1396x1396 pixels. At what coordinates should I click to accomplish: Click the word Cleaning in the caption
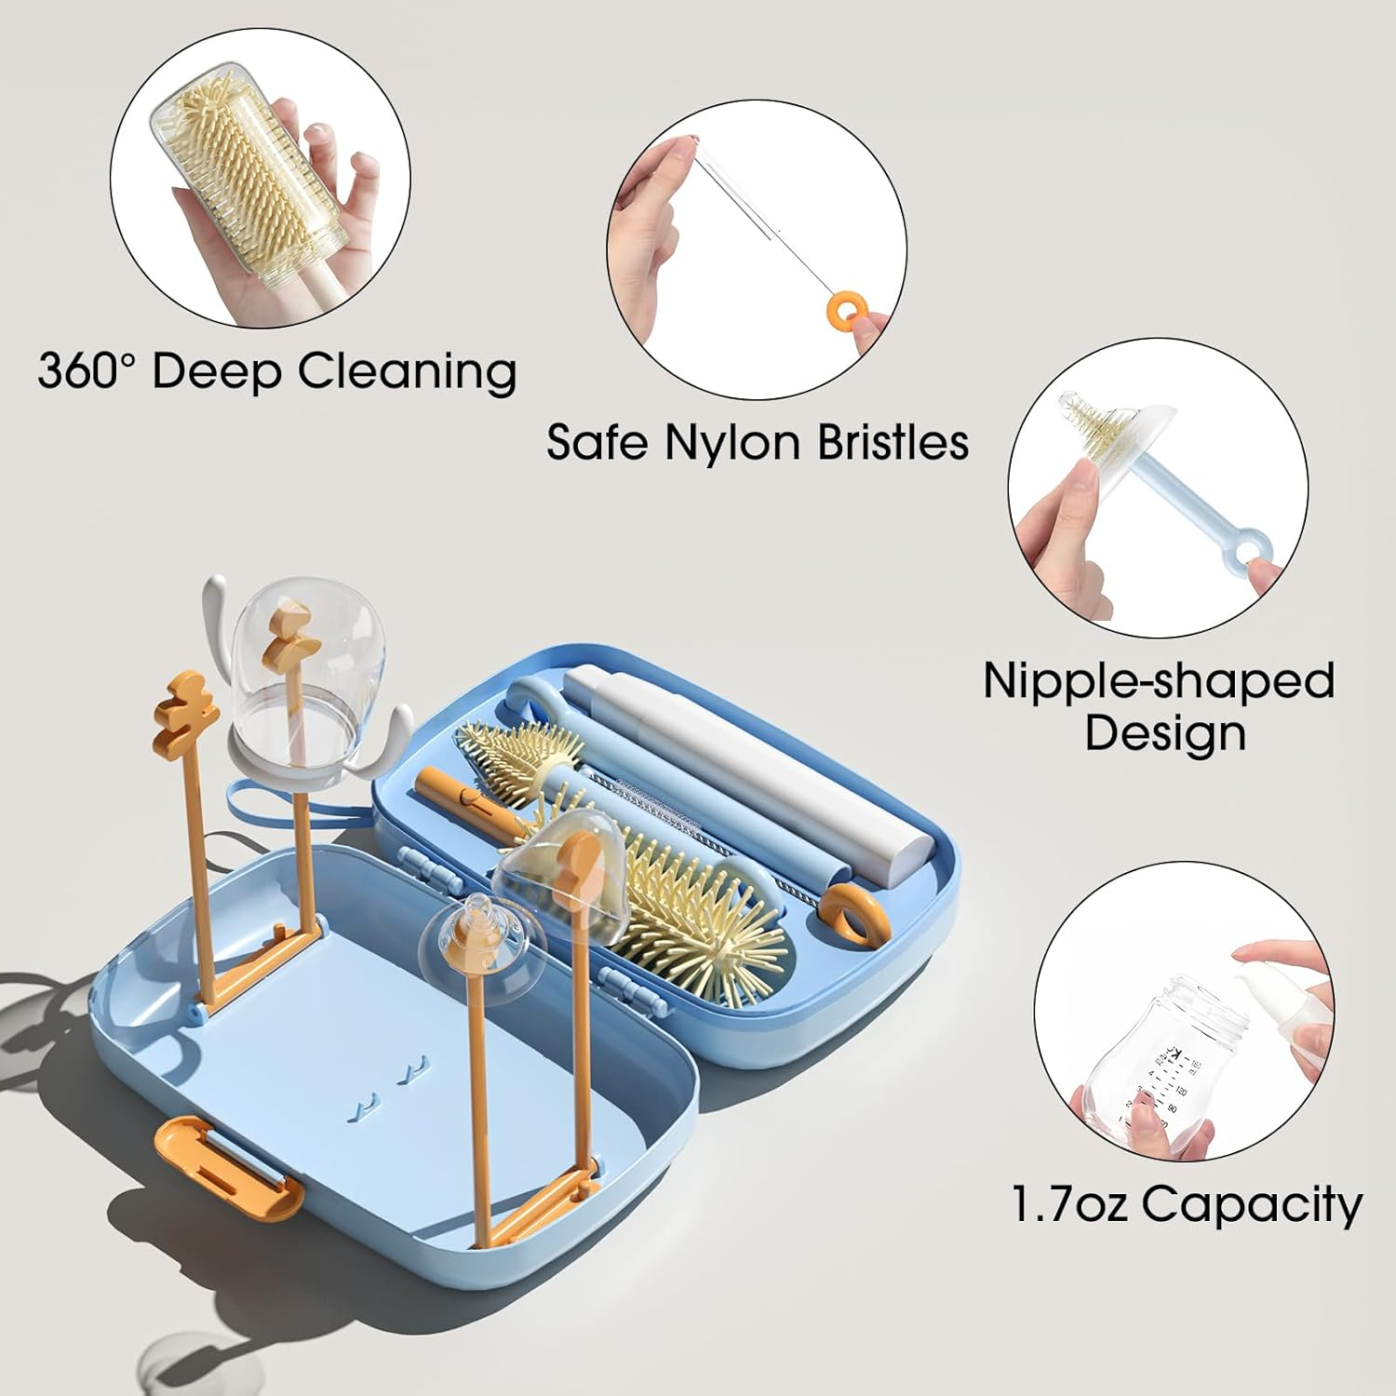tap(407, 372)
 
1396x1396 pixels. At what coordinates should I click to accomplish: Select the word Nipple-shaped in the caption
tap(1159, 682)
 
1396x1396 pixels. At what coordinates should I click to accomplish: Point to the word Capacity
tap(1252, 1206)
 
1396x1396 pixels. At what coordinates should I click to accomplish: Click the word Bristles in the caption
tap(893, 442)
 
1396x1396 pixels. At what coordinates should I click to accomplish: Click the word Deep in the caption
tap(216, 372)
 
